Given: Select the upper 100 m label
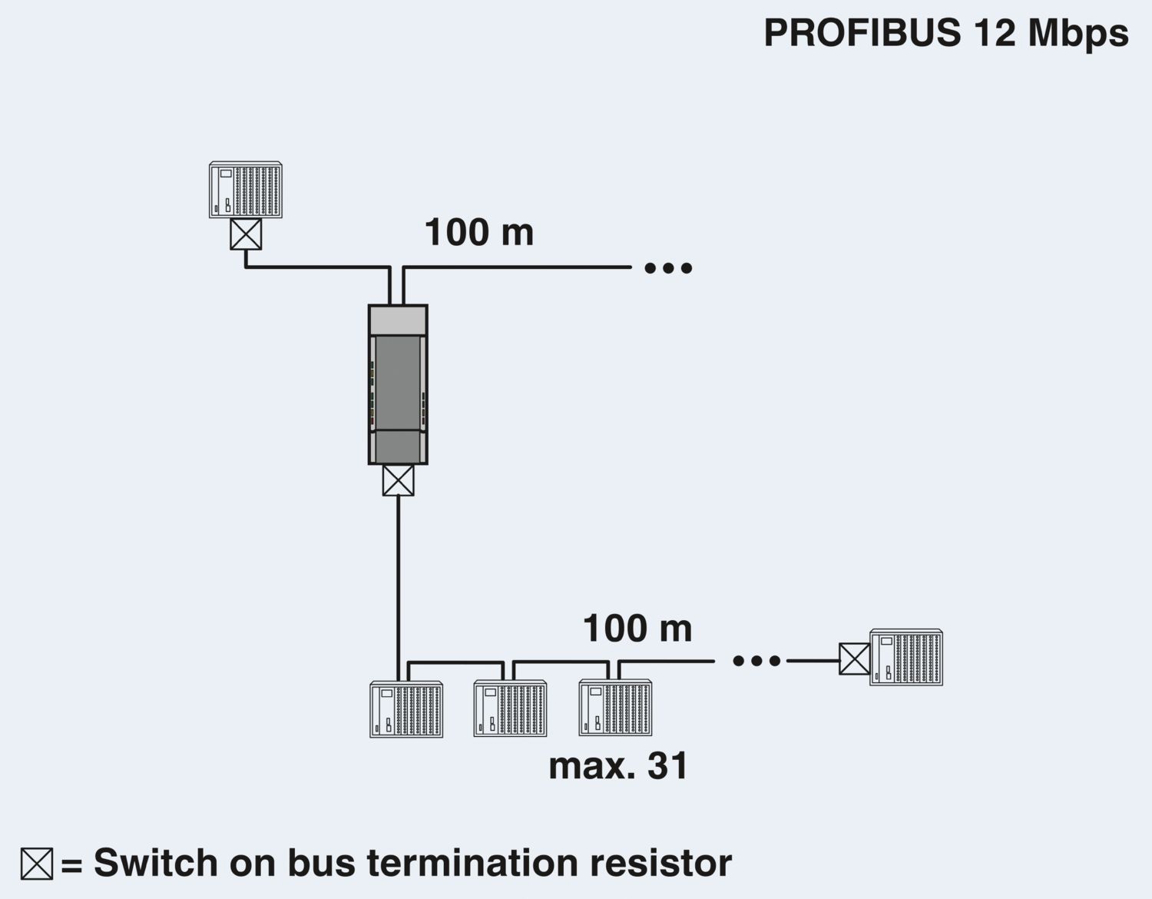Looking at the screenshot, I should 478,232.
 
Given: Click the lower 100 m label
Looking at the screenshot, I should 637,628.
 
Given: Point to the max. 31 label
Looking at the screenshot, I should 618,765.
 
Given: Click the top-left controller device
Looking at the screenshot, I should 246,190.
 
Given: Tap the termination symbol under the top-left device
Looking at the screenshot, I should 246,234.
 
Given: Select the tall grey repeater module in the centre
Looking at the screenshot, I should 398,384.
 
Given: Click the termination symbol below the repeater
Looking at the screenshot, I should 398,480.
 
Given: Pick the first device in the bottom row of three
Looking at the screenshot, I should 406,709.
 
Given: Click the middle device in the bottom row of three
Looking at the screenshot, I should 510,709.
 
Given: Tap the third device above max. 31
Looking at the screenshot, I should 614,708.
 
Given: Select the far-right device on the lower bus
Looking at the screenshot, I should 906,658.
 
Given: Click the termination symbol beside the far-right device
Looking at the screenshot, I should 854,659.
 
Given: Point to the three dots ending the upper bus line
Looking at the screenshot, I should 668,268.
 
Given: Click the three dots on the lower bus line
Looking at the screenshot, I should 756,661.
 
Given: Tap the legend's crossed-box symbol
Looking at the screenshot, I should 37,864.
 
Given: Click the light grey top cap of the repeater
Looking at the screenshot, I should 398,320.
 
